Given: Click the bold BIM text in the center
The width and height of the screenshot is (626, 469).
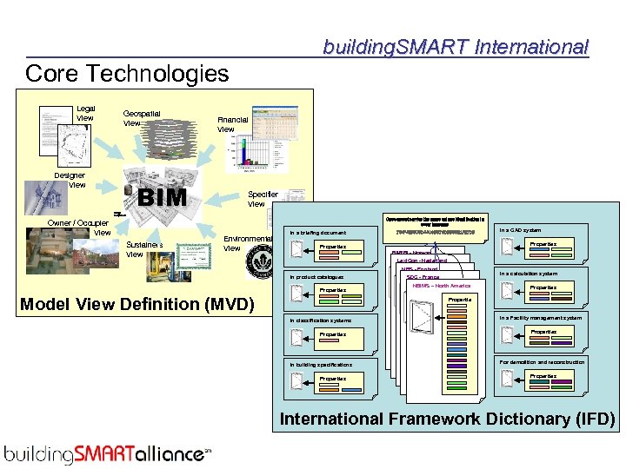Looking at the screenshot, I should click(x=163, y=197).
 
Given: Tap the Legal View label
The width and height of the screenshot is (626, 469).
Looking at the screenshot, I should click(x=85, y=113).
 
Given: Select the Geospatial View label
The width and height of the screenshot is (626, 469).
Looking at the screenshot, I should click(x=142, y=118).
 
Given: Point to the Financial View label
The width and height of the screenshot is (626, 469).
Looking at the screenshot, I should click(x=232, y=124).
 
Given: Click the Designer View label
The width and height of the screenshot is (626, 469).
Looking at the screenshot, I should click(x=70, y=180).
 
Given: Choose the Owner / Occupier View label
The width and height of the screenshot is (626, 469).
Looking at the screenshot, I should click(x=79, y=227).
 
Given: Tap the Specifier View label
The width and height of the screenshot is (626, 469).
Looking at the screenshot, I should click(x=263, y=199).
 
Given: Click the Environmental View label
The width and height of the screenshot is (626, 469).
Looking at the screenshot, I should click(x=247, y=242).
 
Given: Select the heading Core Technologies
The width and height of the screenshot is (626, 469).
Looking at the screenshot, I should click(x=127, y=74).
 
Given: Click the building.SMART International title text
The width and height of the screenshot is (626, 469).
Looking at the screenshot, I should click(x=456, y=47).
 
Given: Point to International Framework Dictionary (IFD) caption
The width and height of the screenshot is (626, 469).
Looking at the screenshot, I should click(x=447, y=419).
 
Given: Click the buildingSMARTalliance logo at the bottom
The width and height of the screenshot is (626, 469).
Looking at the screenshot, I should click(x=108, y=453).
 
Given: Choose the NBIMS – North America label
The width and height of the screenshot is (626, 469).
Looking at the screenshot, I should click(x=441, y=286).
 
